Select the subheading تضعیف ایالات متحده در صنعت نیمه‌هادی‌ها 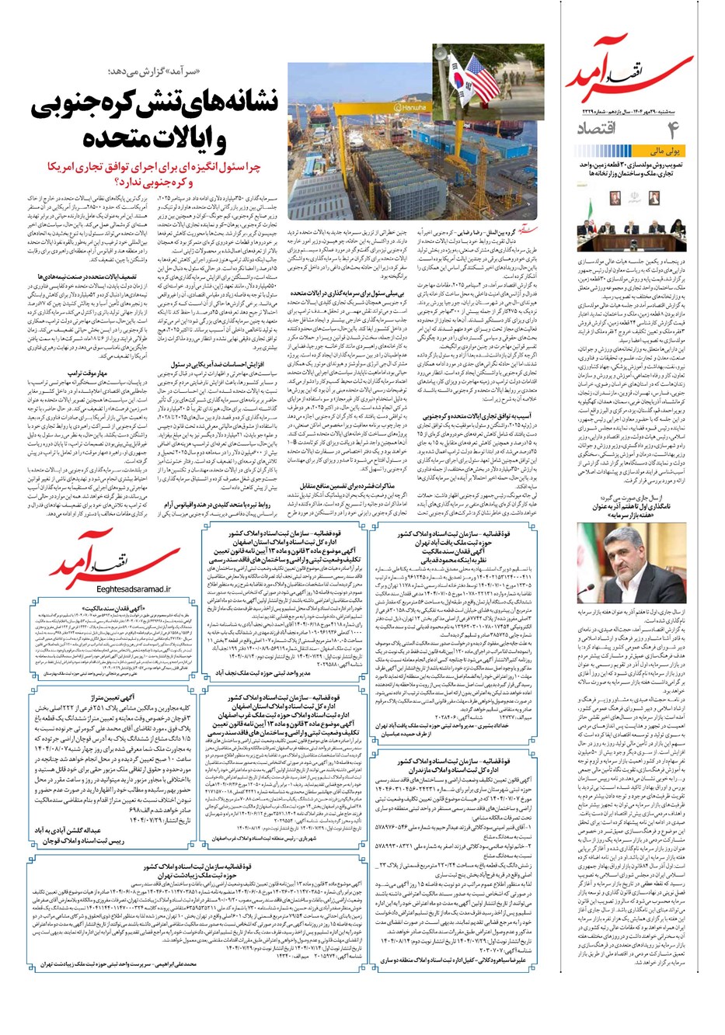83,276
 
